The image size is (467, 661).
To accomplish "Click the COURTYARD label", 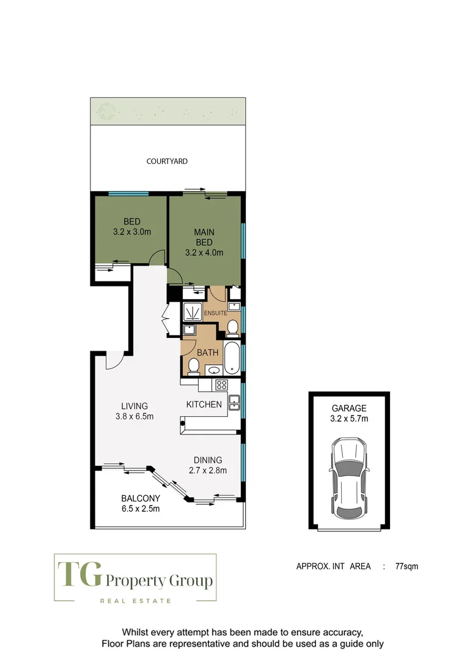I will tap(167, 162).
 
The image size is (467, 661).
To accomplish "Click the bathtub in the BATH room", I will tap(233, 359).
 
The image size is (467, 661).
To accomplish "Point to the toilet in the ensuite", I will tap(232, 329).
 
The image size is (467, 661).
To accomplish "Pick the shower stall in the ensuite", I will tap(193, 312).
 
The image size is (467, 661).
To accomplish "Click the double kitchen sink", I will tap(233, 402).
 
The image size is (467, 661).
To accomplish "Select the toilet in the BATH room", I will tap(194, 366).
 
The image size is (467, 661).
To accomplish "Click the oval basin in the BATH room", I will tap(214, 370).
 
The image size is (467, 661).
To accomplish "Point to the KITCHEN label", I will tap(204, 404).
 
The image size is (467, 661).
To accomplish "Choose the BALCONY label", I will tap(140, 498).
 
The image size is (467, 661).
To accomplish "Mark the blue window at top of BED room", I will tap(128, 194).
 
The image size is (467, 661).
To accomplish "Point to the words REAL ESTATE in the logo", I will tap(136, 600).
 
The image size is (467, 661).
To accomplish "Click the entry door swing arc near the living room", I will tap(114, 362).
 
